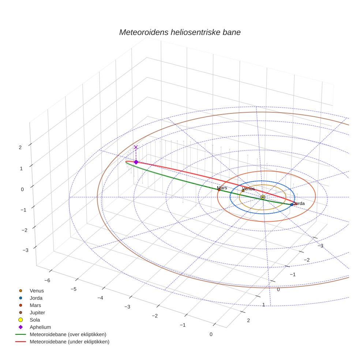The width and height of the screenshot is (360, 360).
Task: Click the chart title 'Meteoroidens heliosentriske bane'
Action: [x=180, y=32]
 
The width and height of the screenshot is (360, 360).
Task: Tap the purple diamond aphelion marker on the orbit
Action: [x=136, y=162]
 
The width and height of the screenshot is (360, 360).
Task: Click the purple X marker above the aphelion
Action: [x=136, y=147]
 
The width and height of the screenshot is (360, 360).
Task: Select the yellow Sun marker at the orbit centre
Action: [x=263, y=197]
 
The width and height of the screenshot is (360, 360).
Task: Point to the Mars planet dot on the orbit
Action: [x=219, y=190]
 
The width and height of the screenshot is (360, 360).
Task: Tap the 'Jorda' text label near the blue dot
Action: [x=299, y=203]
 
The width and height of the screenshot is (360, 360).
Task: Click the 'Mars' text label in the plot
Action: [x=222, y=188]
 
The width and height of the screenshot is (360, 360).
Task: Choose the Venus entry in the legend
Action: [x=37, y=290]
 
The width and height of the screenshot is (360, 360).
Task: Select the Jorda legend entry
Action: [x=36, y=298]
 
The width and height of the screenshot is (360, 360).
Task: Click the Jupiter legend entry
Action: [x=37, y=312]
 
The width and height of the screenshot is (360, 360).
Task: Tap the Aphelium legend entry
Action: [x=40, y=327]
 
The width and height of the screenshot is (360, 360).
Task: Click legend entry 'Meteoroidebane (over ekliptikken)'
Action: [x=68, y=334]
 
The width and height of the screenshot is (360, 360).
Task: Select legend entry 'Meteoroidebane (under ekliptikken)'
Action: [x=70, y=342]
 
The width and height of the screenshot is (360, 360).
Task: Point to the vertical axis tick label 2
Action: [x=20, y=147]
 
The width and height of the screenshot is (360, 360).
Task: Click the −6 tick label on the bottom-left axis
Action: [x=47, y=280]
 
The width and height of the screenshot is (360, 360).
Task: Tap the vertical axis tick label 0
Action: [x=22, y=189]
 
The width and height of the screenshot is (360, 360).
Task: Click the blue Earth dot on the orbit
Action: [x=292, y=204]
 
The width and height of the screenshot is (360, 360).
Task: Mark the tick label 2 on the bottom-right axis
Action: [x=248, y=320]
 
